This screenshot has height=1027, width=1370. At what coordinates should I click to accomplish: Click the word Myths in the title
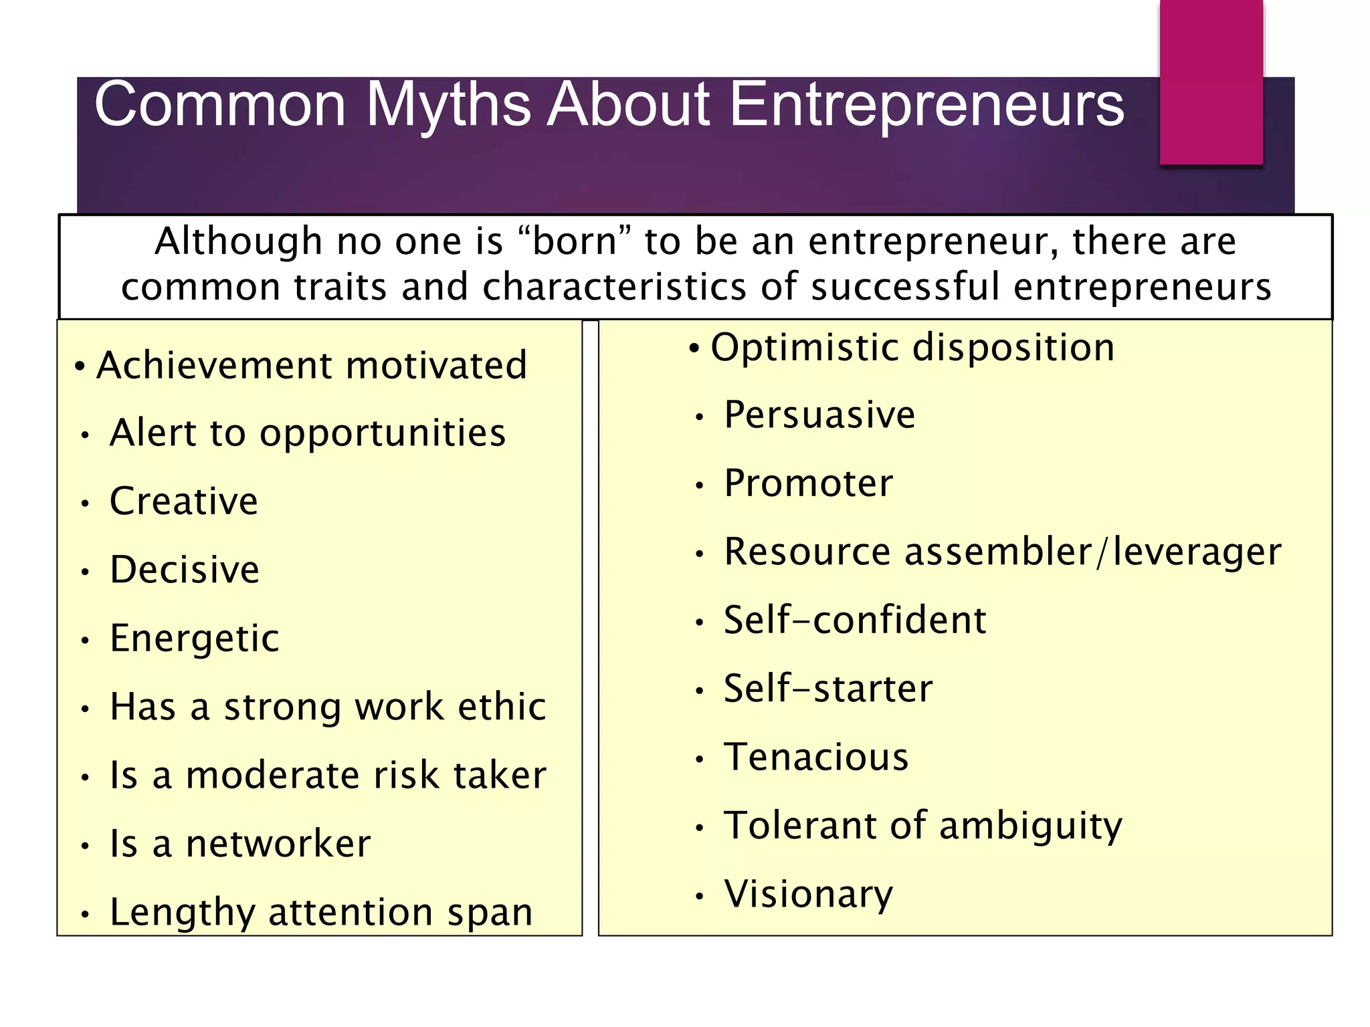click(x=448, y=106)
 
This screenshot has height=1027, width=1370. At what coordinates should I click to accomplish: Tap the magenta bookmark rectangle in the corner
click(x=1211, y=82)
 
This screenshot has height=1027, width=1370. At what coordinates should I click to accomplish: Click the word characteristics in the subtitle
click(x=614, y=287)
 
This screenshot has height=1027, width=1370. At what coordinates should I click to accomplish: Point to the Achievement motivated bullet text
click(x=312, y=366)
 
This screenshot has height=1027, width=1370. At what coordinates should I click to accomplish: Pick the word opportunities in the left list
click(x=383, y=433)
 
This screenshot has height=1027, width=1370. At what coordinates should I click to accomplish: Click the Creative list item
click(x=184, y=501)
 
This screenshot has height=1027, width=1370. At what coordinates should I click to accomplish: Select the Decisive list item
click(x=185, y=570)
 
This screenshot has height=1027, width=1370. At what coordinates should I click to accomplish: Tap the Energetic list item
click(x=195, y=638)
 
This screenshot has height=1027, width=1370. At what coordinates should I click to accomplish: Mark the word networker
click(x=278, y=844)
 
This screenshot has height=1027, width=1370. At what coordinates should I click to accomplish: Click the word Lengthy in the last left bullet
click(x=182, y=913)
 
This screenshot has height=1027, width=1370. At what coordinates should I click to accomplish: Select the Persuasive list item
click(x=819, y=415)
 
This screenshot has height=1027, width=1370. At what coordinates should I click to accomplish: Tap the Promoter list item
click(x=808, y=483)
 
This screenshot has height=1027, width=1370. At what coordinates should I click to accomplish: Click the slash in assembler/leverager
click(x=1102, y=552)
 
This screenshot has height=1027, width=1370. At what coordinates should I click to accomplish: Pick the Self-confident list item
click(x=855, y=620)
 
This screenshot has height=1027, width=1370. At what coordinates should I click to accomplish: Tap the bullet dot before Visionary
click(x=699, y=896)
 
